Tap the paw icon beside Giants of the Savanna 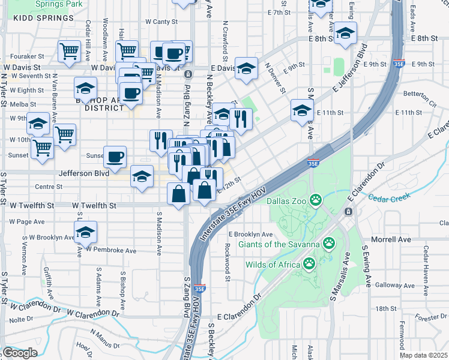click(x=329, y=243)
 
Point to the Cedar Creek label click(x=388, y=196)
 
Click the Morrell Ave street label click(x=391, y=239)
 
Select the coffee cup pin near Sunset click(x=115, y=157)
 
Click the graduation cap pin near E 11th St click(x=302, y=110)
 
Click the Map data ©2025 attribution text click(x=424, y=355)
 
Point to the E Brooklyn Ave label click(x=250, y=234)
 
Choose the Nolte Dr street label click(x=21, y=319)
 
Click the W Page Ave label click(x=27, y=221)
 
